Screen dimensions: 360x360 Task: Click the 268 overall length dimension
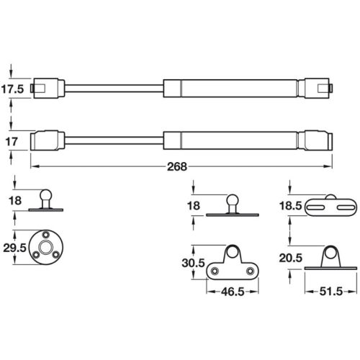[x=177, y=166]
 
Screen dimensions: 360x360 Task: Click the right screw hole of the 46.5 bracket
[x=249, y=271]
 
